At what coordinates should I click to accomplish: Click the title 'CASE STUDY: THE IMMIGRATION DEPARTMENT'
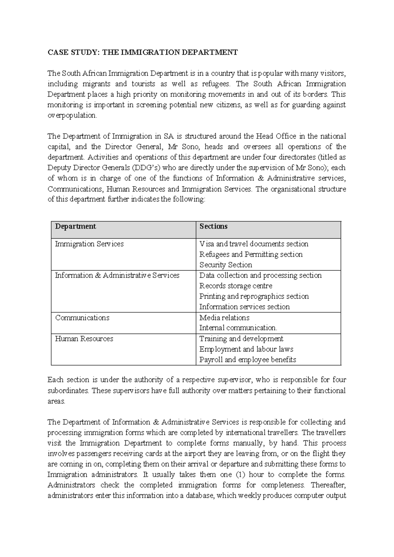(x=142, y=52)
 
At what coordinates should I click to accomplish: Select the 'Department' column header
(x=76, y=226)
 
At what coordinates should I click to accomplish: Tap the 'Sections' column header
(x=213, y=226)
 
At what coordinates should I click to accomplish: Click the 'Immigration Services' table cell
(x=89, y=244)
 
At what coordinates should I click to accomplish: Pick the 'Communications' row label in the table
(x=82, y=318)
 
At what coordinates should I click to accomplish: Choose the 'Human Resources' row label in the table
(x=84, y=339)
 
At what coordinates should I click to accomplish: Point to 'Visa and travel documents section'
(x=254, y=244)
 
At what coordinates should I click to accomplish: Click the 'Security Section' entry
(x=226, y=265)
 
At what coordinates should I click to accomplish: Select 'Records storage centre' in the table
(x=236, y=286)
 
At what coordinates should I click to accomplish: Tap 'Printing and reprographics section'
(x=254, y=296)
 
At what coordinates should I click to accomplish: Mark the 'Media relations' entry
(x=224, y=318)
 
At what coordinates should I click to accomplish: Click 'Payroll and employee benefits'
(x=248, y=360)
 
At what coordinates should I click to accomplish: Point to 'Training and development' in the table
(x=241, y=339)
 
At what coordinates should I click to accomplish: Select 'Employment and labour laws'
(x=246, y=349)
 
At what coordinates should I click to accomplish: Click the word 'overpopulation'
(x=72, y=115)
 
